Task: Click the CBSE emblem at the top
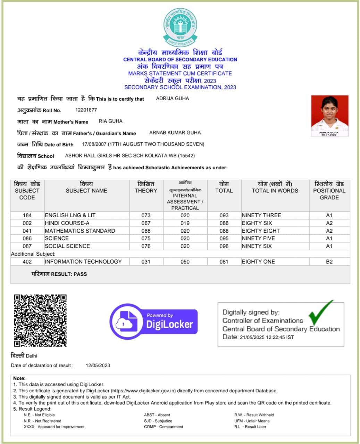coord(180,27)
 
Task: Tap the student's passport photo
coord(329,116)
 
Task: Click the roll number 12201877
coord(86,110)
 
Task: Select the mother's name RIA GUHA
coord(111,121)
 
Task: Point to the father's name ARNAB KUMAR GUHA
coord(175,133)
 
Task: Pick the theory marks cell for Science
coord(146,238)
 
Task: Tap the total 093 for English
coord(224,215)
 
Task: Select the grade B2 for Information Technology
coord(329,262)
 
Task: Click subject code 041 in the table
coord(27,231)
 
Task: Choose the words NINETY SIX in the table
coord(257,246)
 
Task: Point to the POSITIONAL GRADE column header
coord(329,190)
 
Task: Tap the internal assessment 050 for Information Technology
coord(185,262)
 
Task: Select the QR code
coord(40,321)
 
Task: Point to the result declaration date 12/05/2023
coord(98,365)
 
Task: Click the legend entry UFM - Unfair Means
coord(252,421)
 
